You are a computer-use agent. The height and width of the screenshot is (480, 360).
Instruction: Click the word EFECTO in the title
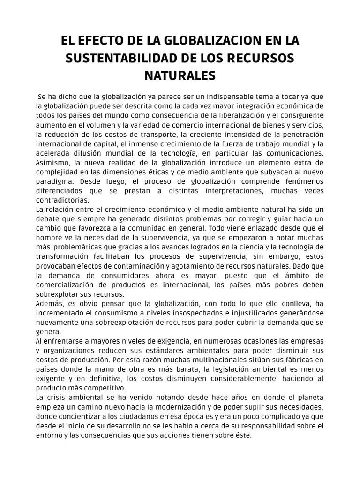[x=101, y=42]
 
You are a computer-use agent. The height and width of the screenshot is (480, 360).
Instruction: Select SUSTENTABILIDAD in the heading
[x=119, y=59]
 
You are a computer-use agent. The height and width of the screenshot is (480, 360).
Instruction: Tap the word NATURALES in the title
[x=180, y=75]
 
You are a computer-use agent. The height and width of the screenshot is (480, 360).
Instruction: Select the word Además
[x=50, y=304]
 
